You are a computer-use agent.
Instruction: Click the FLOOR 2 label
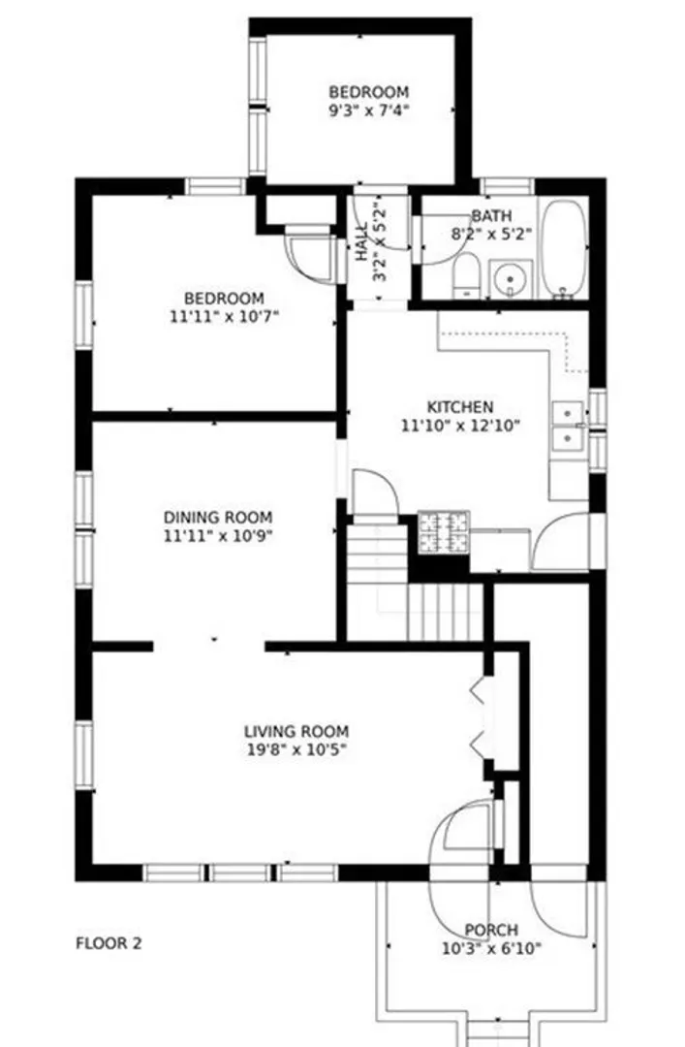[109, 943]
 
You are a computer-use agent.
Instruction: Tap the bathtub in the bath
[564, 248]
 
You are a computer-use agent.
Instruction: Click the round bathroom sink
[511, 279]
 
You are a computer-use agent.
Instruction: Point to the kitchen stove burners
[444, 532]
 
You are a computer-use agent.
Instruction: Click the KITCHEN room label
[460, 406]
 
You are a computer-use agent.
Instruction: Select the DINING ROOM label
[218, 517]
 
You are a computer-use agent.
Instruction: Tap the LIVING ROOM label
[296, 731]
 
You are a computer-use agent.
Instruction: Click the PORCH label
[491, 930]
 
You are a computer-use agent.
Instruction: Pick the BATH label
[492, 216]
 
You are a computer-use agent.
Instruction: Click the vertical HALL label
[361, 241]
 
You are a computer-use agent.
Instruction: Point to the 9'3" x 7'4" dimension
[368, 110]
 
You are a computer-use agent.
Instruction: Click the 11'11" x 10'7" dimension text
[224, 316]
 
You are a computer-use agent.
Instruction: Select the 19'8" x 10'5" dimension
[296, 749]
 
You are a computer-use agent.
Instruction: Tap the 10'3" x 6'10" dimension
[491, 947]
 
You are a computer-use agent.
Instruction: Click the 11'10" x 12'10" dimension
[460, 425]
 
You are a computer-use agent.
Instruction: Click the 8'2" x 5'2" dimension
[492, 235]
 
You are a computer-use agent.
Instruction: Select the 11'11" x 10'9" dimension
[218, 535]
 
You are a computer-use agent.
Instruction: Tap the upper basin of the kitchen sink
[567, 413]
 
